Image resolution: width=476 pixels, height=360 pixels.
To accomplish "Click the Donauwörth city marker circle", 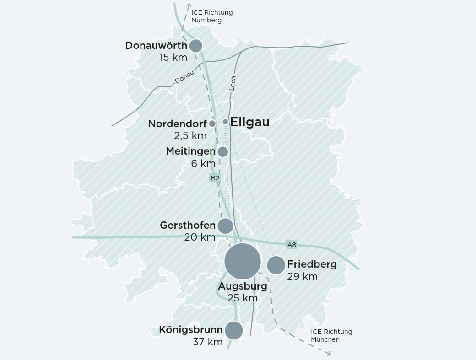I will click(x=196, y=46).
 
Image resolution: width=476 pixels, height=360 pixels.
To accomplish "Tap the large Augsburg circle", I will click(x=243, y=262).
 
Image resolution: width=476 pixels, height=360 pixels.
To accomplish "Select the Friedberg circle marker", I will click(x=276, y=265).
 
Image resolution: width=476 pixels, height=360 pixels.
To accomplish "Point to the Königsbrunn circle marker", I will click(x=234, y=330).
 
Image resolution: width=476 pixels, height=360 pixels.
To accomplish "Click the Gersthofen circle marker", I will click(x=225, y=226).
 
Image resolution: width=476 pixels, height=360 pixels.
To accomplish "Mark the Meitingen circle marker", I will click(x=222, y=152).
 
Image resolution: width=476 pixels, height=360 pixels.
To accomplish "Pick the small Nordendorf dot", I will click(x=212, y=124).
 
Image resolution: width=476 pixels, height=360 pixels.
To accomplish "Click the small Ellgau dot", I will click(x=225, y=122).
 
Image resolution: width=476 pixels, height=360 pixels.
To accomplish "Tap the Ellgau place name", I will click(x=249, y=122).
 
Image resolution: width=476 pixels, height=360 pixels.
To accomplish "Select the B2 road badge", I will click(x=215, y=178).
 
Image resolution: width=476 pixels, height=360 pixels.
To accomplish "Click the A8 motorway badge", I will click(x=292, y=245).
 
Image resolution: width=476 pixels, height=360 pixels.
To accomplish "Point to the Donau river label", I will click(x=184, y=77).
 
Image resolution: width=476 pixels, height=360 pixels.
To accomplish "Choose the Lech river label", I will click(x=233, y=83).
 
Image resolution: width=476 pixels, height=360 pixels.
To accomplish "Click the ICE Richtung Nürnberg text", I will click(x=212, y=16).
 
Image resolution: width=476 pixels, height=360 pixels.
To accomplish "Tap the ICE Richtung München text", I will click(x=331, y=335).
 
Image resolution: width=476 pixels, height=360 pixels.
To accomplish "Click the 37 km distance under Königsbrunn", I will click(x=208, y=342).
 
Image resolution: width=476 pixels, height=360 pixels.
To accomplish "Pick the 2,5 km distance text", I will click(x=190, y=136).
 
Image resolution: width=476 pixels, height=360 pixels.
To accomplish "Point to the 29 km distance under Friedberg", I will click(x=302, y=276).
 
